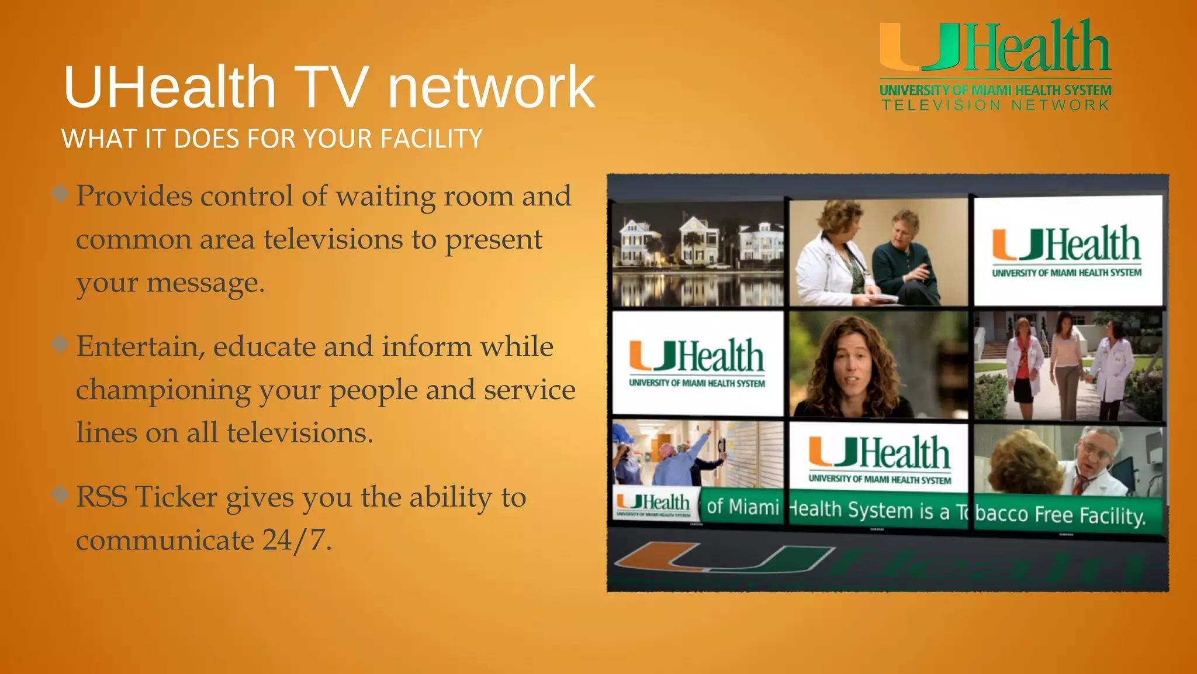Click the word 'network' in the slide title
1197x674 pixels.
click(491, 88)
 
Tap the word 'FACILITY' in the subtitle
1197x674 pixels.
click(431, 139)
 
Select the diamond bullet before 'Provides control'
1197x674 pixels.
click(60, 193)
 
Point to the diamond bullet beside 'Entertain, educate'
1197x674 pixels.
click(60, 344)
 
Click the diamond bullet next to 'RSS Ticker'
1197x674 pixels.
click(60, 495)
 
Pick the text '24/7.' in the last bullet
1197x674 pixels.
click(297, 540)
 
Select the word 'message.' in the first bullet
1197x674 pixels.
click(206, 283)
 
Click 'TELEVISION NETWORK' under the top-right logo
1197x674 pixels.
click(995, 105)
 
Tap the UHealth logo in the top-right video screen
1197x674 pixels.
click(1067, 250)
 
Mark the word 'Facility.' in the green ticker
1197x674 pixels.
click(1112, 515)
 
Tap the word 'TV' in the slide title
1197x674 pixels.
click(331, 88)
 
